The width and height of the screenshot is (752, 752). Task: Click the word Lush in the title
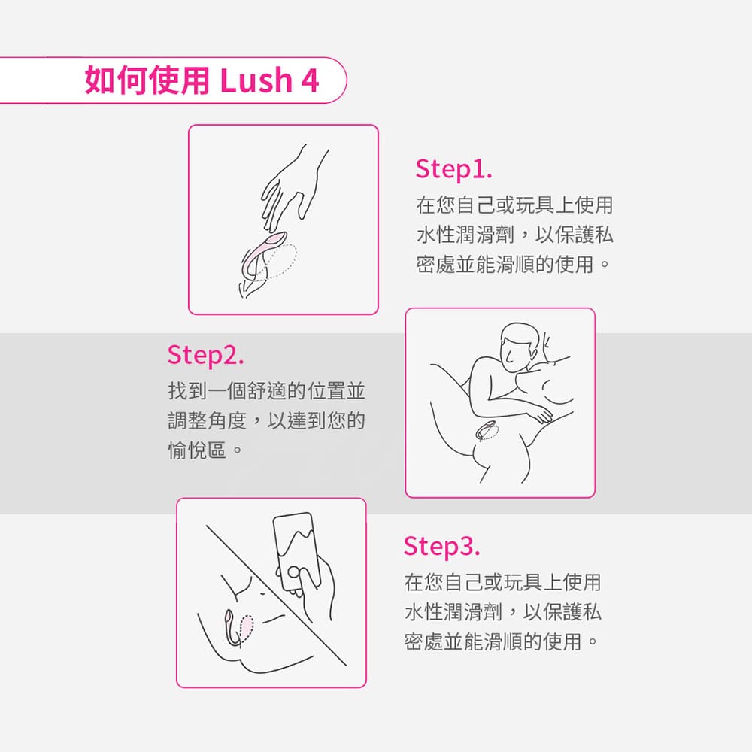256,80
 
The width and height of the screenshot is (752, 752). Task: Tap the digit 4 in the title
311,80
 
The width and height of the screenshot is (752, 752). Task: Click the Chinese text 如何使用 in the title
147,80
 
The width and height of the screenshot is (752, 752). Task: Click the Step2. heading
205,355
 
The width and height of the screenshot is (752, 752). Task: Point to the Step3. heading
441,546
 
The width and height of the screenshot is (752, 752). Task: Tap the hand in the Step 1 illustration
293,187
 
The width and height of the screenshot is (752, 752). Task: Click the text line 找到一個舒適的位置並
267,391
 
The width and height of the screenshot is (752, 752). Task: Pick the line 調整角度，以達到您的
267,420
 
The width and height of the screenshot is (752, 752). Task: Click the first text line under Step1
514,205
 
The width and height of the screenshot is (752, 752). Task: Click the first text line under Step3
502,582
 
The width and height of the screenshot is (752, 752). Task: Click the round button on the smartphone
293,572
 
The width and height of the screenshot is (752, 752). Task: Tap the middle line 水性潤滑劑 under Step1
514,235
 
